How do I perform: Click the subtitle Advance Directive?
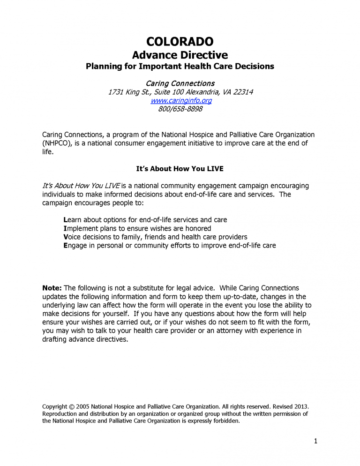click(x=180, y=55)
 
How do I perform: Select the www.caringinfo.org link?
click(x=180, y=100)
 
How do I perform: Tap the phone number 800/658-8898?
click(x=180, y=109)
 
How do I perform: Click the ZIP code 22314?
click(x=242, y=92)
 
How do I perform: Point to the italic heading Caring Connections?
click(x=180, y=83)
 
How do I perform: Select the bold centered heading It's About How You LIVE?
click(x=180, y=169)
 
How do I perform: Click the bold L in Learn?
click(x=65, y=220)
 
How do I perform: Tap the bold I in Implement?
click(x=65, y=228)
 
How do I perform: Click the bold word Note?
click(x=52, y=288)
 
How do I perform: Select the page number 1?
click(x=316, y=441)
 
